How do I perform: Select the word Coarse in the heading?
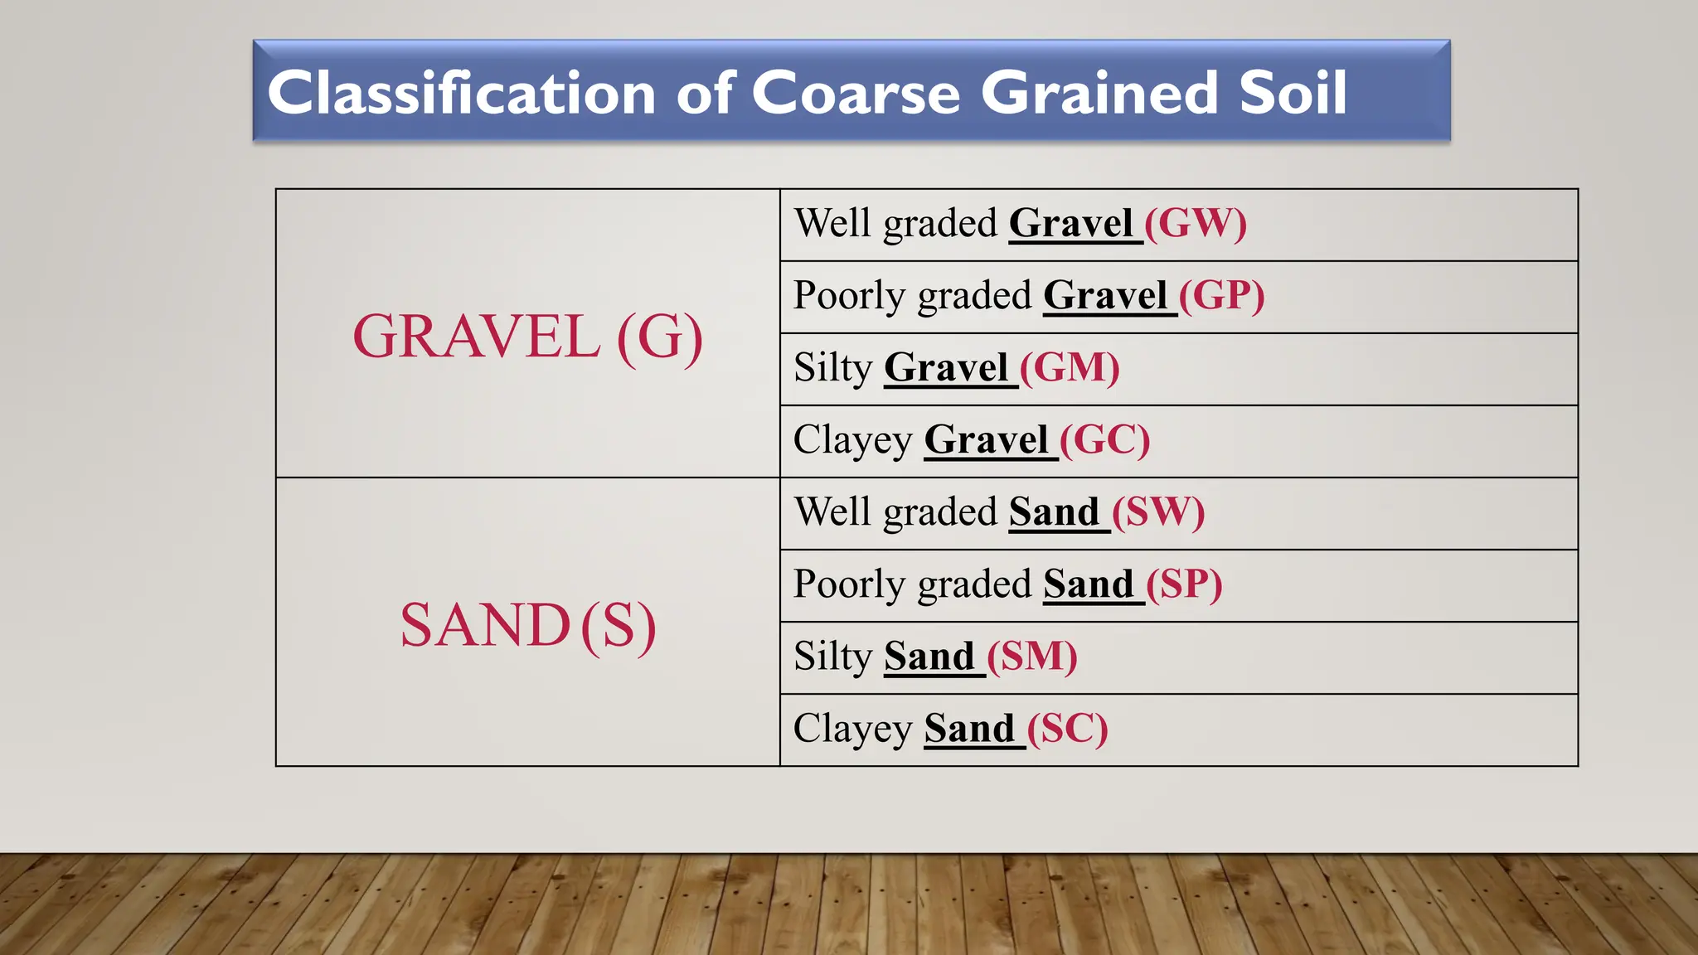click(856, 92)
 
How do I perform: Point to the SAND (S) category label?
click(527, 625)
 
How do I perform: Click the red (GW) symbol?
click(1195, 223)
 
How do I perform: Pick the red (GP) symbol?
click(1221, 295)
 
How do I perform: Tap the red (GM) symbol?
click(1070, 367)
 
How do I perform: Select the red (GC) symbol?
click(1104, 439)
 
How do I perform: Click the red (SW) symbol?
click(1157, 511)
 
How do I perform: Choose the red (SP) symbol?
click(1184, 584)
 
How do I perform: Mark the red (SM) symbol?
click(1032, 656)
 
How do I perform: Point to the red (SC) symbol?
click(1067, 728)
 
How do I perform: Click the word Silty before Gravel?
click(832, 367)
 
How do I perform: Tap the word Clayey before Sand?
click(852, 730)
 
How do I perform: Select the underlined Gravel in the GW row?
click(1070, 223)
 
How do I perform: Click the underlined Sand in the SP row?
click(1088, 584)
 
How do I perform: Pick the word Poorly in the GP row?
click(849, 296)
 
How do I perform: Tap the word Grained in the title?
click(1099, 92)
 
